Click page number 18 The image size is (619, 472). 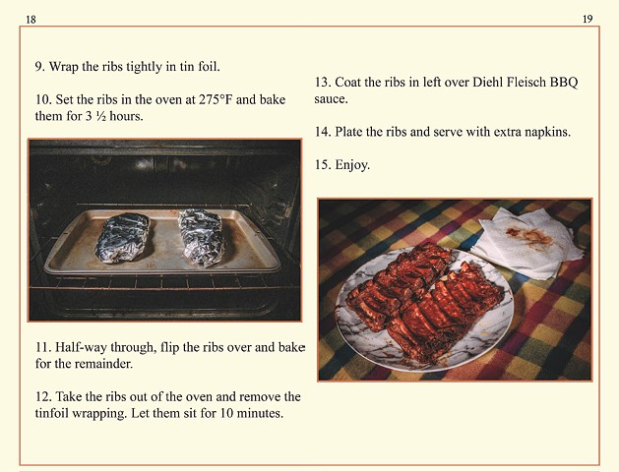(x=31, y=20)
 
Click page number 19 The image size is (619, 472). (x=588, y=19)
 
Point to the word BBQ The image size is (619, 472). (x=564, y=82)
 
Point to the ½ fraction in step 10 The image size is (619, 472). (x=100, y=116)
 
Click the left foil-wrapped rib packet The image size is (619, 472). (x=123, y=237)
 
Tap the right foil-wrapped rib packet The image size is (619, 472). (x=201, y=237)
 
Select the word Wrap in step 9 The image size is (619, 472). (x=64, y=67)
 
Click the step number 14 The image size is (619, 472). (x=323, y=132)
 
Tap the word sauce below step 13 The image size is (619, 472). (x=331, y=99)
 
